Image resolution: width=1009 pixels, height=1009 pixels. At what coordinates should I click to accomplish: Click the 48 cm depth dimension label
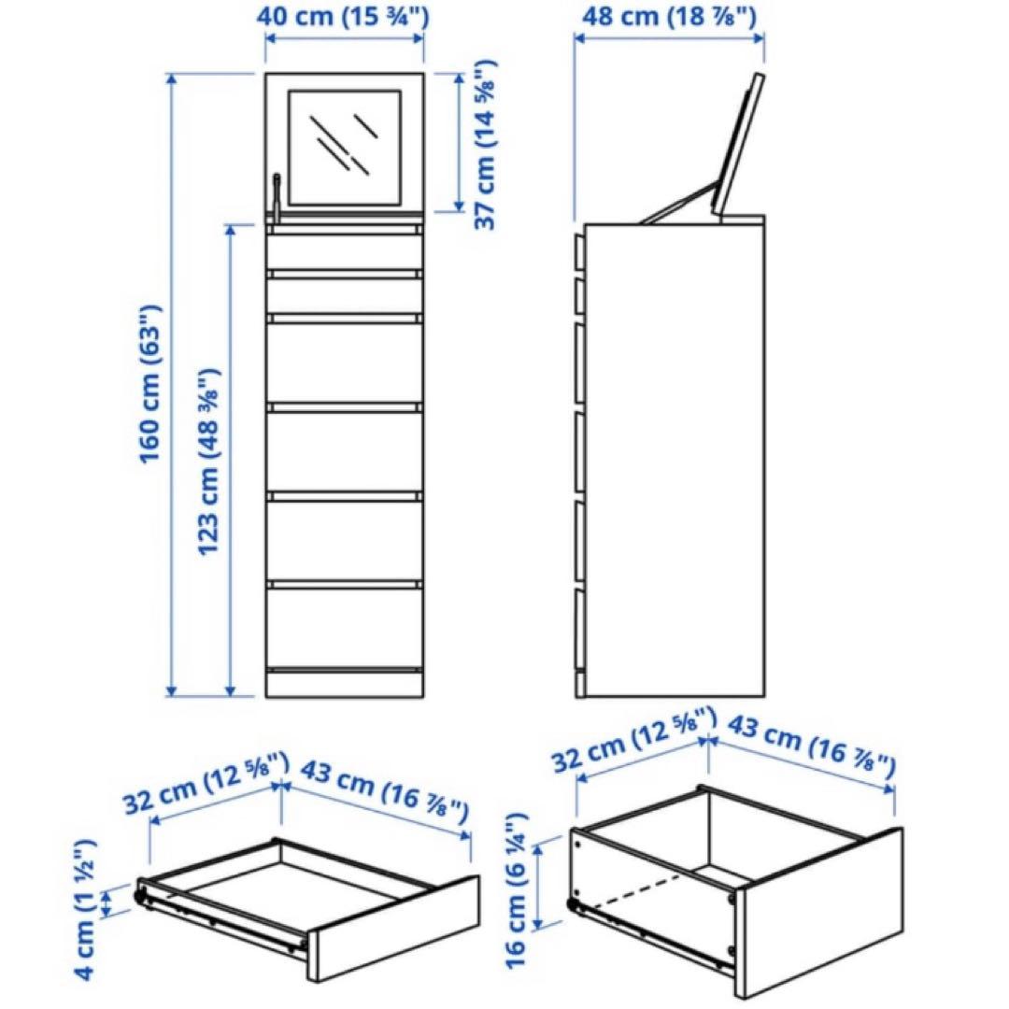click(x=669, y=16)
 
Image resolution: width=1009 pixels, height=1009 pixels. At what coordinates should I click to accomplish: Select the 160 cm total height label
click(x=150, y=384)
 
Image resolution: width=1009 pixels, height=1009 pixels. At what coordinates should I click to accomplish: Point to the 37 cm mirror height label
click(x=486, y=145)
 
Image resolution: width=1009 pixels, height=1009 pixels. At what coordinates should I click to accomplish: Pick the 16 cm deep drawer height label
click(x=517, y=891)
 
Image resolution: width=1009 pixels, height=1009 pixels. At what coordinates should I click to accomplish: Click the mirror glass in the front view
click(x=345, y=148)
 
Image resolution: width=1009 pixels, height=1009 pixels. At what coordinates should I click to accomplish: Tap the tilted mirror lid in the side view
click(x=738, y=144)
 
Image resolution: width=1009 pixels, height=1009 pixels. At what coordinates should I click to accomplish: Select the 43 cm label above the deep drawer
click(x=811, y=745)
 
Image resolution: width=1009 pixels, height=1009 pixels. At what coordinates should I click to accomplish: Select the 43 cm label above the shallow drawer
click(x=385, y=792)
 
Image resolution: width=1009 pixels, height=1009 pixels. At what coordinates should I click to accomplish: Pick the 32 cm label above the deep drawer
click(x=633, y=739)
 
